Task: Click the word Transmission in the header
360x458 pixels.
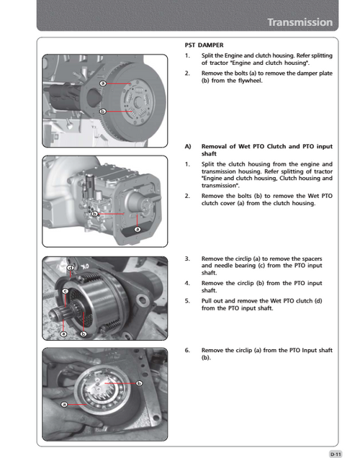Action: (300, 22)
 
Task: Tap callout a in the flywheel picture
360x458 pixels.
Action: (103, 84)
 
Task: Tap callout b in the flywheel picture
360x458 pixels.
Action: (102, 112)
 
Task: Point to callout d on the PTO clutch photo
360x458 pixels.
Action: (71, 268)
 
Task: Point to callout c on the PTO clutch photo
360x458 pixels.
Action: (65, 291)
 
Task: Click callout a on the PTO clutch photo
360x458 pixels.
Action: (63, 334)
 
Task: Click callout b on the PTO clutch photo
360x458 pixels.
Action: (84, 334)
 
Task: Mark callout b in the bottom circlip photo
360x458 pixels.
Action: (138, 382)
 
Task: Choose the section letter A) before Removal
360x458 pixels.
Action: (188, 145)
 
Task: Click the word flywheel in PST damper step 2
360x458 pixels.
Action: (272, 81)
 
